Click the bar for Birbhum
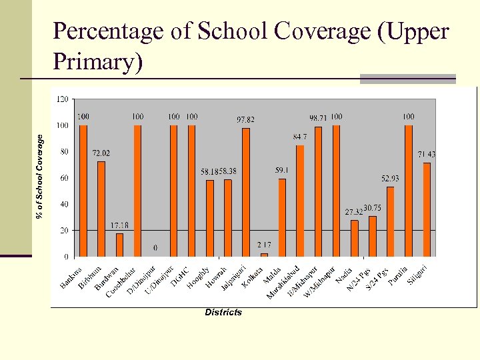101,209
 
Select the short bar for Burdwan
119,245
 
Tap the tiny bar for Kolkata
264,255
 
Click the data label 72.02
101,153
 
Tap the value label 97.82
246,120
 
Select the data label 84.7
300,137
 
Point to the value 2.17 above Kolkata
264,245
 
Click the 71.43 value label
427,155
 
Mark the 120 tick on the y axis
61,99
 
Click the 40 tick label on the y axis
63,204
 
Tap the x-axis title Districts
223,312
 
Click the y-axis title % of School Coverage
40,175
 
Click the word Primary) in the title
97,61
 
